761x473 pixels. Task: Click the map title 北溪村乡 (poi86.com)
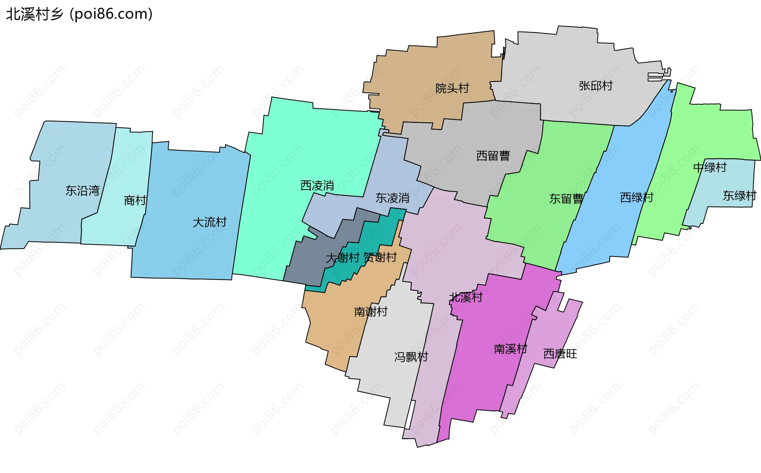[x=79, y=14]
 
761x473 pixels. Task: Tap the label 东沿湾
[x=82, y=191]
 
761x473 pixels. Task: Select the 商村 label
[x=135, y=201]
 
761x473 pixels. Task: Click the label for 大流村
[x=210, y=222]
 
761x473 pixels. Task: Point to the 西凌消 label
[x=317, y=186]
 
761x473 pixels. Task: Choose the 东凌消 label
[x=392, y=198]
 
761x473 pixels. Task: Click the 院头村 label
[x=452, y=88]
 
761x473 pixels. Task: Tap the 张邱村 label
[x=596, y=86]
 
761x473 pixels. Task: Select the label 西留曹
[x=493, y=156]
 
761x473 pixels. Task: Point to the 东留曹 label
[x=566, y=199]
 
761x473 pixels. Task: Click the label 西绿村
[x=637, y=197]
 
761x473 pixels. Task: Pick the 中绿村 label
[x=710, y=168]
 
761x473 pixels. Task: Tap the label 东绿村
[x=740, y=196]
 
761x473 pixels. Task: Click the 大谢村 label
[x=342, y=258]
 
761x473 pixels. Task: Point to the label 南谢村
[x=371, y=312]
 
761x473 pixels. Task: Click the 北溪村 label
[x=466, y=297]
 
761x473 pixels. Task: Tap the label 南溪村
[x=511, y=349]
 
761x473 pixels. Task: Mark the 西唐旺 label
[x=560, y=354]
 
